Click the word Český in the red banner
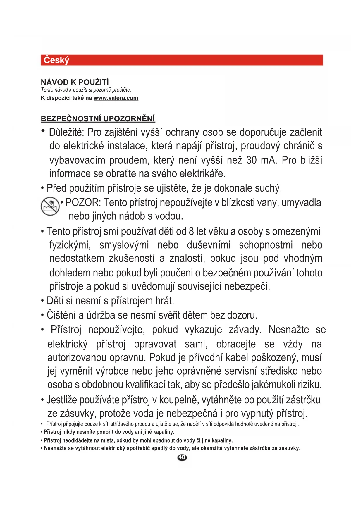click(56, 60)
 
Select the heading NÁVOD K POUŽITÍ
click(75, 82)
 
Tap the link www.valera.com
click(116, 98)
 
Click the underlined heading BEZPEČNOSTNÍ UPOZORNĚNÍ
click(98, 119)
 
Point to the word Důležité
click(66, 132)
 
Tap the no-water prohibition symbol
click(50, 206)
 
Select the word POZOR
click(83, 202)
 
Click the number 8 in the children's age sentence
click(191, 231)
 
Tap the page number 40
click(182, 457)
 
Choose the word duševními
click(209, 245)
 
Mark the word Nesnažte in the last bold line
click(55, 448)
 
